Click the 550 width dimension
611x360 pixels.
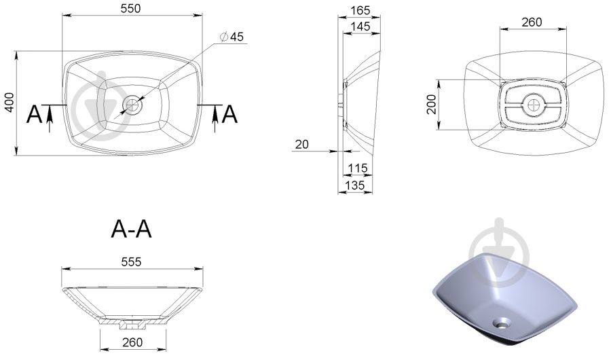(x=130, y=9)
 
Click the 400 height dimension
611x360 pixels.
(x=10, y=103)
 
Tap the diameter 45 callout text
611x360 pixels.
(x=232, y=37)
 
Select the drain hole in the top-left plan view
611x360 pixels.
(x=132, y=105)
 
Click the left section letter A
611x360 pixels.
(x=35, y=115)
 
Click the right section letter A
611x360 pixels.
(x=229, y=115)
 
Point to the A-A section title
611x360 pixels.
(x=131, y=229)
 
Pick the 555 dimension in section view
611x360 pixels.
(x=131, y=262)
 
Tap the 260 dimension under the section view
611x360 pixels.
(x=132, y=342)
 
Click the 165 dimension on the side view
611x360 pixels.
(x=360, y=11)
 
